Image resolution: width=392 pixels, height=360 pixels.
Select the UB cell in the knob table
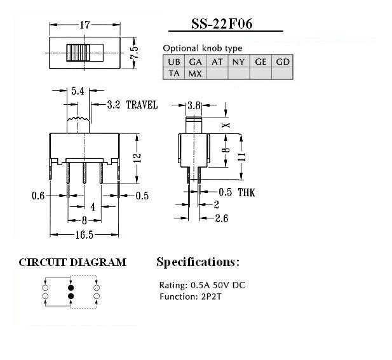point(174,62)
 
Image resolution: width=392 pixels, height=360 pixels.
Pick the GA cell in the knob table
point(195,62)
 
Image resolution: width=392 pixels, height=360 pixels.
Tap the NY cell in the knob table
point(238,62)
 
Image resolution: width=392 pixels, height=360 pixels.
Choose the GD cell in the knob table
point(283,62)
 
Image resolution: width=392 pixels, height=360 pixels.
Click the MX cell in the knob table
point(195,73)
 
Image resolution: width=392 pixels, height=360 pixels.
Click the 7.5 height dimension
point(134,52)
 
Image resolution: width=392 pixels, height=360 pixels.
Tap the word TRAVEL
point(142,105)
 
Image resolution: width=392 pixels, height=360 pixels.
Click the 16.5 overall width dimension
point(84,234)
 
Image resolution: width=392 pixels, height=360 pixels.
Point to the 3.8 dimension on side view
point(194,105)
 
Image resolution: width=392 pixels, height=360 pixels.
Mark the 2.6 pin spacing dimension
point(221,218)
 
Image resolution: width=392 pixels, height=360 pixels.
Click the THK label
point(245,192)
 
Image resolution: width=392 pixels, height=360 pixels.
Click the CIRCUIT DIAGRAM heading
point(72,262)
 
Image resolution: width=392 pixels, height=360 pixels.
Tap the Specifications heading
point(198,262)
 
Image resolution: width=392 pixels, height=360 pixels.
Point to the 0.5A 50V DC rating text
point(217,285)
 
